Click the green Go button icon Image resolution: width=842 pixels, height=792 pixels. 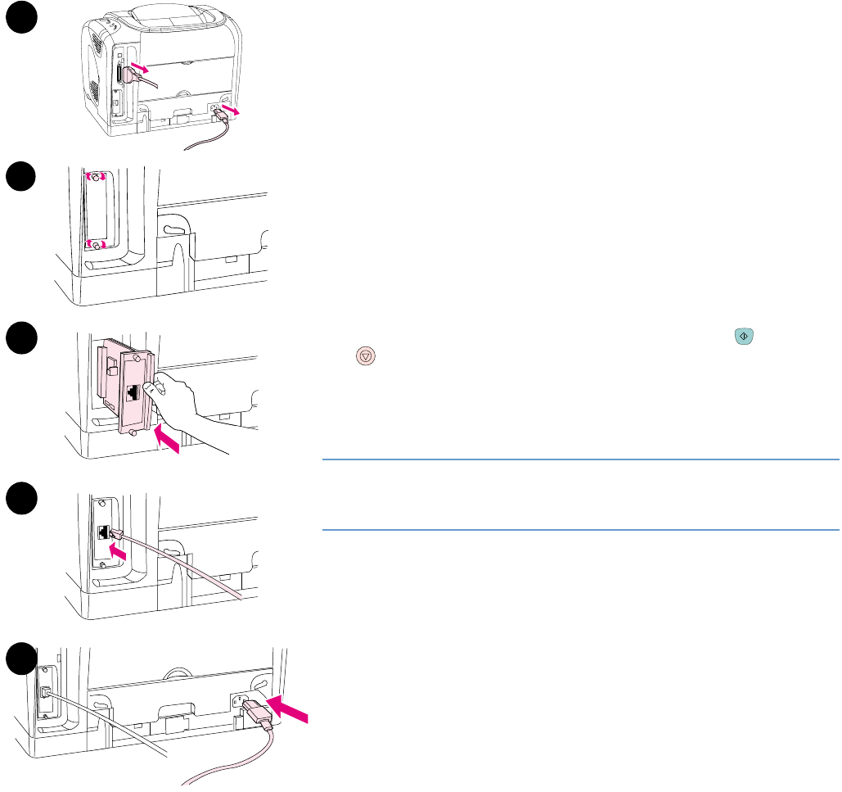coord(744,336)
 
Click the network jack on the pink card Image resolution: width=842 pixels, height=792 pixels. coord(133,392)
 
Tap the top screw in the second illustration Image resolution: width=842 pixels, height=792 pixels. coord(96,177)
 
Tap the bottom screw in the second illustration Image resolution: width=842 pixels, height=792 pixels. coord(96,244)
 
